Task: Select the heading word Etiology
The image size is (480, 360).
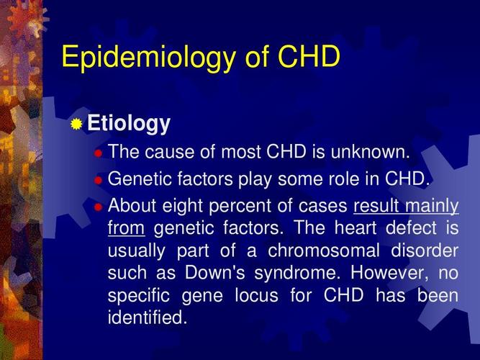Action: pyautogui.click(x=129, y=124)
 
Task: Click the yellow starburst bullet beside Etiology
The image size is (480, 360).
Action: pyautogui.click(x=76, y=125)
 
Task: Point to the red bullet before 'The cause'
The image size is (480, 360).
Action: pyautogui.click(x=99, y=153)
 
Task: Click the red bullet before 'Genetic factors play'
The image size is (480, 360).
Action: pyautogui.click(x=99, y=180)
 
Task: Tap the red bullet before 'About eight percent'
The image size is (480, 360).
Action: pyautogui.click(x=99, y=207)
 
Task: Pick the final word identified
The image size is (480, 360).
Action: pyautogui.click(x=147, y=318)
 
